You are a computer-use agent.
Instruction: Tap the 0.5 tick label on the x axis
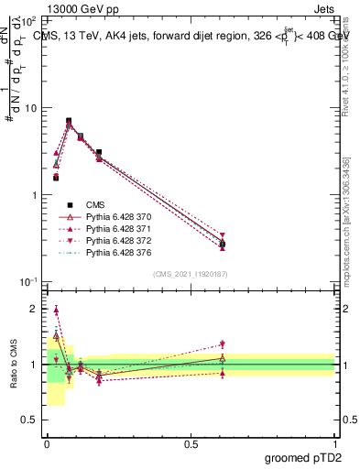[191, 442]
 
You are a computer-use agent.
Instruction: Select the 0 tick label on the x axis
[47, 442]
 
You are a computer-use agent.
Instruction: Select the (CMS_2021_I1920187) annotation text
[191, 274]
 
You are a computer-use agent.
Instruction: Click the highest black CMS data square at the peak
[69, 120]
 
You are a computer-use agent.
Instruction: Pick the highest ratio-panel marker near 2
[56, 311]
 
